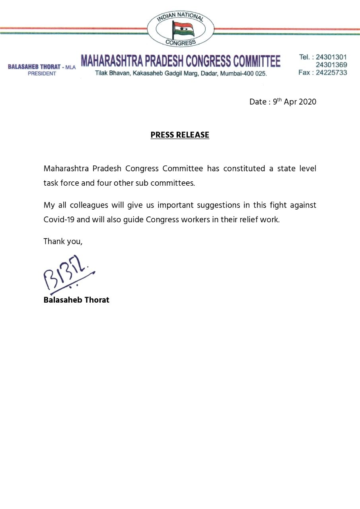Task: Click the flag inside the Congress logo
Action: tap(183, 29)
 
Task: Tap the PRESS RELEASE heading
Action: tap(180, 135)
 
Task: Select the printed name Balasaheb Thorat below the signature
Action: tap(76, 300)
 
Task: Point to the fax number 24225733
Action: tap(331, 72)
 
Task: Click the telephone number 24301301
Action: tap(331, 57)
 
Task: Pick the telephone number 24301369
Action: tap(331, 65)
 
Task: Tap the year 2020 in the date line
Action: tap(307, 102)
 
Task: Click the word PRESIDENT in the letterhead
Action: tap(42, 74)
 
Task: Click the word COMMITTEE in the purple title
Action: tap(257, 61)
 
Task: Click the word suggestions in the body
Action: tap(204, 205)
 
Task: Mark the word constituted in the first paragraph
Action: tap(243, 168)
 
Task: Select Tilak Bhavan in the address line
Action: tap(110, 74)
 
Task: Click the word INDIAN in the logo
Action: tap(167, 18)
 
